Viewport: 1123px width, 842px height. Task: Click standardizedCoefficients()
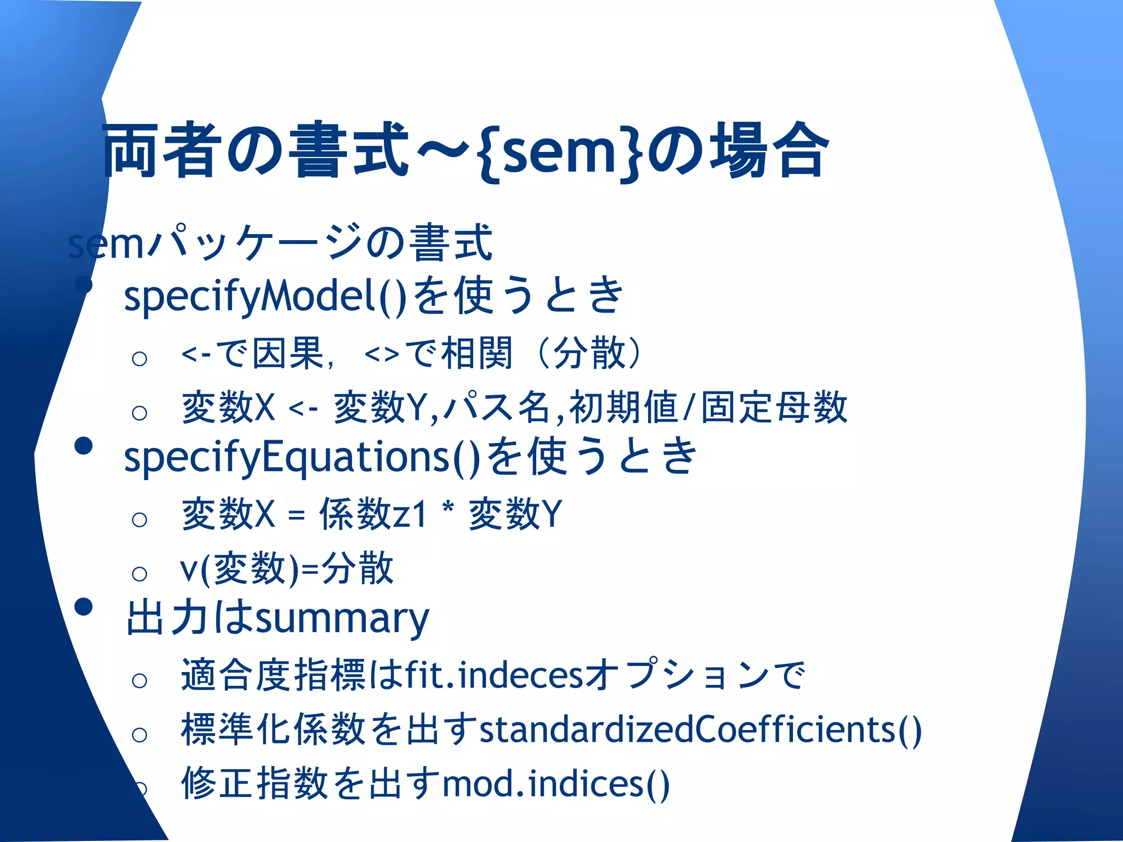700,730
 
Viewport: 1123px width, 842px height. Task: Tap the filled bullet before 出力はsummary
83,606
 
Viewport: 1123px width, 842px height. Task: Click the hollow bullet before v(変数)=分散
140,574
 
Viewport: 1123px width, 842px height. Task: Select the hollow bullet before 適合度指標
140,681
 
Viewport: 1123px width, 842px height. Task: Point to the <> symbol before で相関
382,355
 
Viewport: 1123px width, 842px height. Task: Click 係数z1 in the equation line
373,514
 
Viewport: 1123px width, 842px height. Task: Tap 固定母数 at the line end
774,408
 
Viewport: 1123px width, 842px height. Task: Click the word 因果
287,354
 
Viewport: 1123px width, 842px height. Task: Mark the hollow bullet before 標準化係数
140,735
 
